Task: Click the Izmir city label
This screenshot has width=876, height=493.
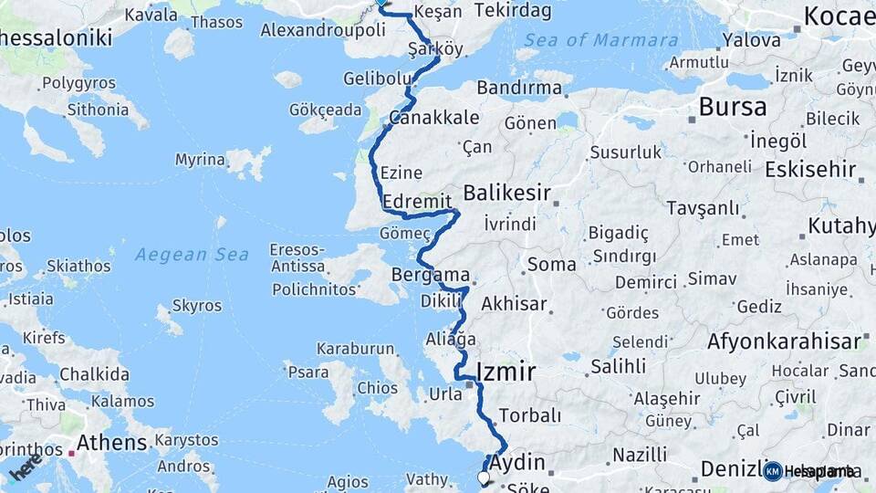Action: (x=506, y=372)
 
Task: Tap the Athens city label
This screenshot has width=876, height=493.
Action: (x=111, y=443)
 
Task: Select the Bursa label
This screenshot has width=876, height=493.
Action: (x=732, y=107)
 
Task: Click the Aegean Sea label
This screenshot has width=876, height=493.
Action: (x=192, y=255)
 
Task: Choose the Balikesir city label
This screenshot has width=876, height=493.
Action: (x=506, y=193)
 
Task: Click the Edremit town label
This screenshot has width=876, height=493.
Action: (x=418, y=201)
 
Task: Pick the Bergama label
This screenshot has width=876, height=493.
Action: (x=430, y=275)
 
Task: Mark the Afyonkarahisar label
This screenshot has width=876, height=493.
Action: (x=784, y=341)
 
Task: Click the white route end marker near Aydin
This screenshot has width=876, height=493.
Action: (x=484, y=477)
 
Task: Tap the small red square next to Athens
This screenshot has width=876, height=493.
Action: (x=71, y=452)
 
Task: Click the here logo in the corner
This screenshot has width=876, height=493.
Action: (x=26, y=467)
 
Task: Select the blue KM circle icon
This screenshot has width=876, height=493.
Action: (x=773, y=471)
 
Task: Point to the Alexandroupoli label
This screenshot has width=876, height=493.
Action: (x=335, y=30)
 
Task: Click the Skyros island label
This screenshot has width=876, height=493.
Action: (x=196, y=306)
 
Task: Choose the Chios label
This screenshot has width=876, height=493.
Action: (x=377, y=388)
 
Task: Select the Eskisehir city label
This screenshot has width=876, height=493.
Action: (x=810, y=169)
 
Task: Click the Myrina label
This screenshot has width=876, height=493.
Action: (x=200, y=160)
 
